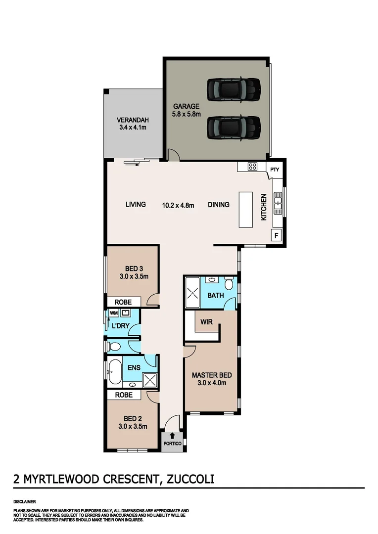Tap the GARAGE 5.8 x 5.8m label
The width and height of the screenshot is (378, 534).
tap(186, 110)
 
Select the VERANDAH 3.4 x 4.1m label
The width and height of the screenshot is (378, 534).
tap(133, 124)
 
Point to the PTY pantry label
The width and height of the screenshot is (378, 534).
tap(275, 170)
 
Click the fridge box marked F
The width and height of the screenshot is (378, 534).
tap(276, 235)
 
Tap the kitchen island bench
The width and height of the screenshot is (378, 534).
tap(246, 210)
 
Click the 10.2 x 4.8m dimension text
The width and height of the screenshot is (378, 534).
tap(179, 205)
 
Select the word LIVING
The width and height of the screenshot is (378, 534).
tap(135, 204)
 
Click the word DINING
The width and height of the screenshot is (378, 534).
tap(218, 204)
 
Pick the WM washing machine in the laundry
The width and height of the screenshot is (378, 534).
tap(114, 313)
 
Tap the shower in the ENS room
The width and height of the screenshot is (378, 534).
tap(149, 380)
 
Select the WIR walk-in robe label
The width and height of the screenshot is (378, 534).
tap(206, 321)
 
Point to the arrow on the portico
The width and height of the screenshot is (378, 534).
tap(172, 436)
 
